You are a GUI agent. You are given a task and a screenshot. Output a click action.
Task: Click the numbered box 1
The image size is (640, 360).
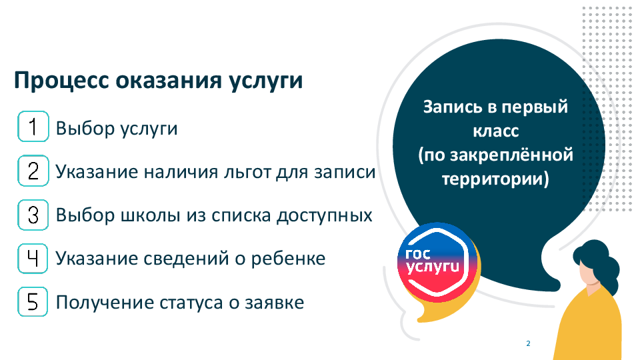coord(33,127)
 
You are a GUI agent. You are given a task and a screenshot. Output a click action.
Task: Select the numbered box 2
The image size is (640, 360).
coord(33,171)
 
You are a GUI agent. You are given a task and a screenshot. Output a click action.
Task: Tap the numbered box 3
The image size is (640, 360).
coord(33,215)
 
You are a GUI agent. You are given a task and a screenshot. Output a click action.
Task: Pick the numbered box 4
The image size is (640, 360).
coord(33,259)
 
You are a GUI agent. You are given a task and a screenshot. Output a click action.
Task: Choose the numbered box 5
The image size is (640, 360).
coord(33,302)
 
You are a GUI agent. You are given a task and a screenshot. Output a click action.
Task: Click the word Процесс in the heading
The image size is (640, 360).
coord(61,81)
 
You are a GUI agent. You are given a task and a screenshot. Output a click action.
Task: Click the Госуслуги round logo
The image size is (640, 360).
coord(436,263)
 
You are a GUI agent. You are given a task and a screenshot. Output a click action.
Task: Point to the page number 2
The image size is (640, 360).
coord(528,343)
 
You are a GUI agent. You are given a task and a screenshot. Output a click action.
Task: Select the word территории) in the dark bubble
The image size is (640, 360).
coord(495,179)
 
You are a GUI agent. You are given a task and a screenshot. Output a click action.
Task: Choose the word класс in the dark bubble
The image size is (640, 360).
coord(495,131)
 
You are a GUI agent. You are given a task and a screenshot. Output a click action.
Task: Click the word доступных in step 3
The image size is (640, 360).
coord(325,215)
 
